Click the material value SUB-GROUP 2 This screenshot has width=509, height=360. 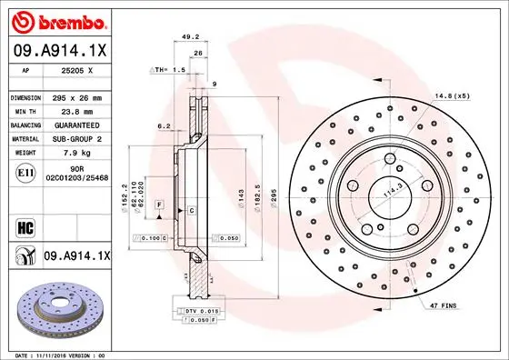(79, 139)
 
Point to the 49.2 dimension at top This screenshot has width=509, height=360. (191, 37)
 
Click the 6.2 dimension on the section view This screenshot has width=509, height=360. (164, 125)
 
